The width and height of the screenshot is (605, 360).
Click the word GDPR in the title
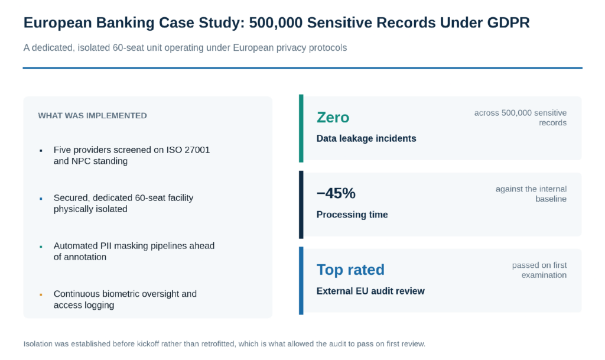coord(508,23)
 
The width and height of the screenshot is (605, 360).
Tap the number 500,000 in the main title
coord(275,23)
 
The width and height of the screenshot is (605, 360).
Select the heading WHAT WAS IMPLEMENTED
coord(92,116)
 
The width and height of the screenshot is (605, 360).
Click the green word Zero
coord(333,117)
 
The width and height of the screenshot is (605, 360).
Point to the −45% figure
coord(336,193)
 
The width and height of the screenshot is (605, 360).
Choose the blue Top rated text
coord(350,270)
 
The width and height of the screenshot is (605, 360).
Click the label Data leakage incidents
coord(366,138)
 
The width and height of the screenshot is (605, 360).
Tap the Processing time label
coord(352,215)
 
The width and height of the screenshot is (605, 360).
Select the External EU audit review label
coord(370,291)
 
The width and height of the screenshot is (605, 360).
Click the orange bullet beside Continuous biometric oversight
coord(41,295)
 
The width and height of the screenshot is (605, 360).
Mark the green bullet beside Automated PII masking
coord(41,247)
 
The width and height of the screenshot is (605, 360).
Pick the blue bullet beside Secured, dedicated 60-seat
coord(41,199)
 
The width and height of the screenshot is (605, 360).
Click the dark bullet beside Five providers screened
coord(41,151)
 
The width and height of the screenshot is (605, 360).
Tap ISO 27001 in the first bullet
coord(188,150)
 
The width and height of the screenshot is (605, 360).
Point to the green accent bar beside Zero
coord(301,128)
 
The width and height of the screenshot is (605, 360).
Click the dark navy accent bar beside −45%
coord(301,205)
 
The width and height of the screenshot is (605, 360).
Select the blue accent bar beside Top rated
coord(301,281)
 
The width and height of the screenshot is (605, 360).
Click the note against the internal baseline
coord(531,194)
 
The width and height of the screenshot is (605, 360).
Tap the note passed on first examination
coord(539,270)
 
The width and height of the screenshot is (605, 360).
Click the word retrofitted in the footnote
coord(217,344)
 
